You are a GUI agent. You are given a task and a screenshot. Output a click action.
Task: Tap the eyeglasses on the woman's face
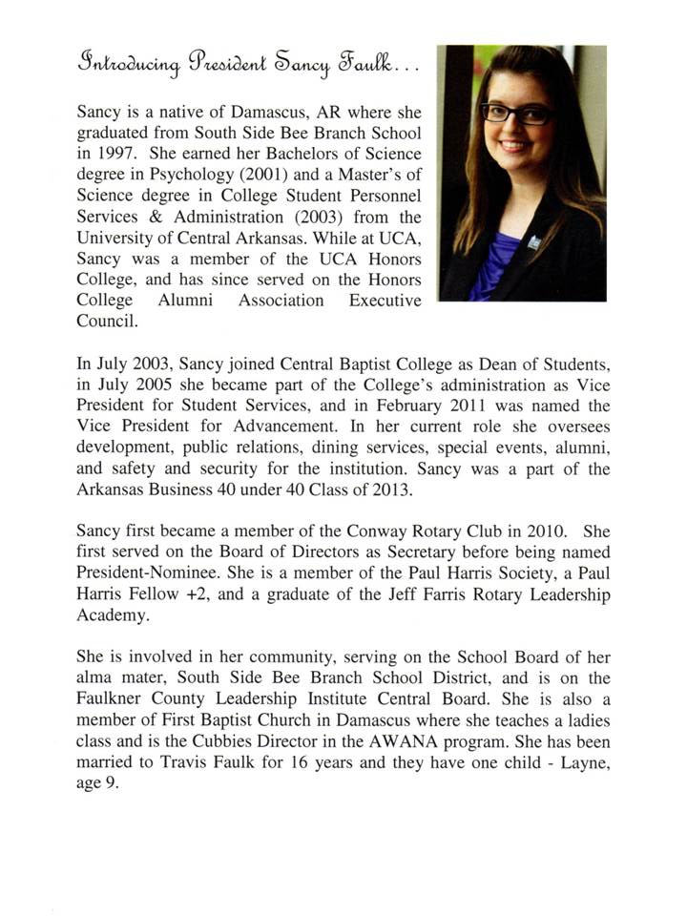point(516,113)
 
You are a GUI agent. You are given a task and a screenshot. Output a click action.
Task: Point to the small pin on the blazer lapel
point(533,243)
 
